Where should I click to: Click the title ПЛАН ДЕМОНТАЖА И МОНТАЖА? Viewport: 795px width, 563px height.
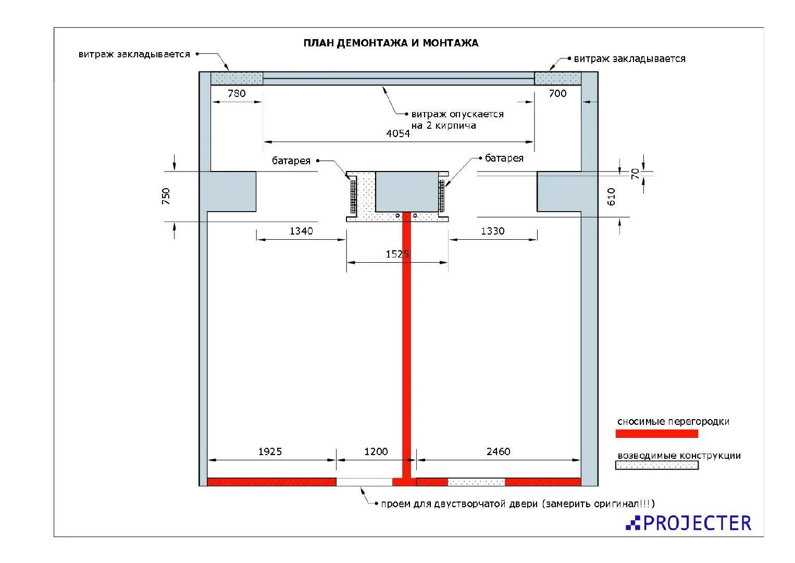click(391, 43)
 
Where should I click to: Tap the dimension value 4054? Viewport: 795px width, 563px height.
click(398, 133)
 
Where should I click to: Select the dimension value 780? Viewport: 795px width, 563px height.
click(237, 94)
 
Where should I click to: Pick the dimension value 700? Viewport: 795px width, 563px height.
click(557, 94)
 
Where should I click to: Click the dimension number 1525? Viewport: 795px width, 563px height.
click(397, 254)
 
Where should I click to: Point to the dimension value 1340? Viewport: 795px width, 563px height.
click(301, 231)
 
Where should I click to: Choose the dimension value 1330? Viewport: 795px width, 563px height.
click(492, 231)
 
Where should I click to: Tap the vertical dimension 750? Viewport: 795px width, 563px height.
click(166, 196)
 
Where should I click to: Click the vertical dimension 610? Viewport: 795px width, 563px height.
click(612, 196)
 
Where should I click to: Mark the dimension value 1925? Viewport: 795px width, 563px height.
click(270, 451)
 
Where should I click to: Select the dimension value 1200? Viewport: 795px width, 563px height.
click(376, 451)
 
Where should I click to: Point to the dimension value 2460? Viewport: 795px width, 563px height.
click(498, 451)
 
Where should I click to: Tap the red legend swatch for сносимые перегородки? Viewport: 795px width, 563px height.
click(656, 434)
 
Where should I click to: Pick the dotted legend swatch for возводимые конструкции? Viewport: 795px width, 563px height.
click(656, 465)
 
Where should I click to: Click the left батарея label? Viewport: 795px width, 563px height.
click(291, 161)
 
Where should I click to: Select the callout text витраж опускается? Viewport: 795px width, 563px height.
click(457, 114)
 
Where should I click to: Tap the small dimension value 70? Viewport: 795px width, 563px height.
click(635, 174)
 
